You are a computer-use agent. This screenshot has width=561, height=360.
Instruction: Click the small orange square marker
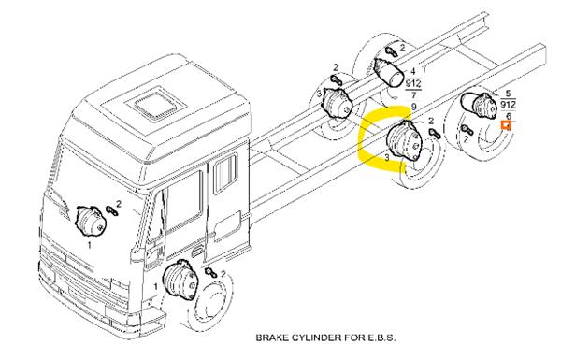click(x=506, y=125)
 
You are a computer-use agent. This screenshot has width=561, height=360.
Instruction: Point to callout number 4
click(x=413, y=72)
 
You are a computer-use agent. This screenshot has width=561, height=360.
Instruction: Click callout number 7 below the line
click(x=413, y=95)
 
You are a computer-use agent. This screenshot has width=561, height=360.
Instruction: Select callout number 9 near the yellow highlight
click(x=414, y=107)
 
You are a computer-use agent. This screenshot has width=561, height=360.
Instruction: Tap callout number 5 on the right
click(x=509, y=94)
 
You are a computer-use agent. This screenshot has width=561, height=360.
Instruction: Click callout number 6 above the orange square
click(x=509, y=116)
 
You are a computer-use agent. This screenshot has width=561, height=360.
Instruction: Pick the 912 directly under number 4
click(x=413, y=84)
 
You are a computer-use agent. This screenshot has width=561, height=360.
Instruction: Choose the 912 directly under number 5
click(x=508, y=105)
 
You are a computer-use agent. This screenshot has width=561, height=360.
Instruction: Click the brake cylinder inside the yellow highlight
click(x=405, y=140)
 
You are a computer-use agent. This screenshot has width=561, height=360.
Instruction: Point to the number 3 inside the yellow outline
click(x=387, y=157)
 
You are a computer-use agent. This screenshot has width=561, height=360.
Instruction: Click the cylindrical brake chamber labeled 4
click(x=389, y=72)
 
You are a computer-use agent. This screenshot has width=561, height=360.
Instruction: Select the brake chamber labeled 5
click(x=479, y=104)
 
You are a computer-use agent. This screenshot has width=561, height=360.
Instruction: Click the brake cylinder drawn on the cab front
click(x=91, y=221)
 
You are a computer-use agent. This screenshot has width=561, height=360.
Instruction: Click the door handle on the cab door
click(x=196, y=252)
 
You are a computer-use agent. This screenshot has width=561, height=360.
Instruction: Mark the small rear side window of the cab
click(x=225, y=174)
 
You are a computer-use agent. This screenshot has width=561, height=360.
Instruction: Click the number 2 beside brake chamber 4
click(x=402, y=48)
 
